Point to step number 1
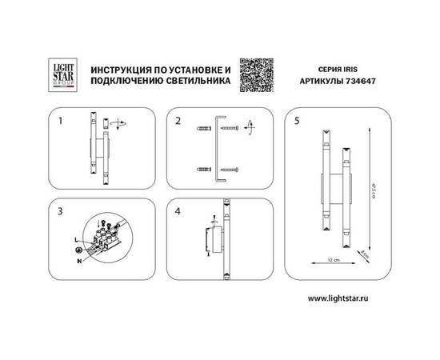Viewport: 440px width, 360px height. point(61,122)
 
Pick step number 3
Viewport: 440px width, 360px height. point(61,211)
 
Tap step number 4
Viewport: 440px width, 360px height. point(179,211)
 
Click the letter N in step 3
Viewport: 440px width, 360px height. point(77,260)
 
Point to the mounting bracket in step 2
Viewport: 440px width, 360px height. point(218,149)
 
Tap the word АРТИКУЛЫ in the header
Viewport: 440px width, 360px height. point(321,82)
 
